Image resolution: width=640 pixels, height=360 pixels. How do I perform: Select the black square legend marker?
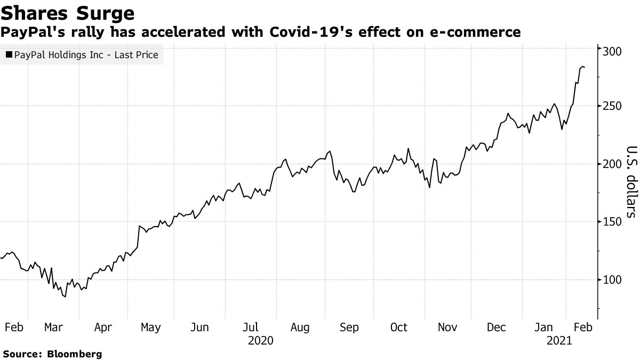coord(9,54)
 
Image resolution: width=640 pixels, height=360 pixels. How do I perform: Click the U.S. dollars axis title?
coord(631,181)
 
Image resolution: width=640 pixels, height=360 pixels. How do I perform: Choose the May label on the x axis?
coord(150,327)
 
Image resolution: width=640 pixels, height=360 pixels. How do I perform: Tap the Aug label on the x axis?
coord(300,327)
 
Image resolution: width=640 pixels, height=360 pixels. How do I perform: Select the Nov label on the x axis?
coord(448,327)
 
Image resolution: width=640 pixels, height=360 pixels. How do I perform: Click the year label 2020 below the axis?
coord(261,340)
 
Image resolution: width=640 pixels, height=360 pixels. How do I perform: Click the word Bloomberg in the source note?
coord(75,354)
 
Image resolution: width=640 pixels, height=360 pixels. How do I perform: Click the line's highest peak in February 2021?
coord(582,66)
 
